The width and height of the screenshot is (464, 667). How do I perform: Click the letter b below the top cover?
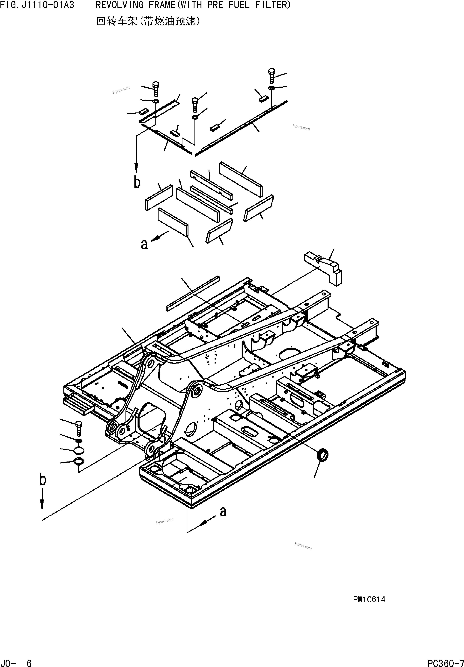coord(137,182)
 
